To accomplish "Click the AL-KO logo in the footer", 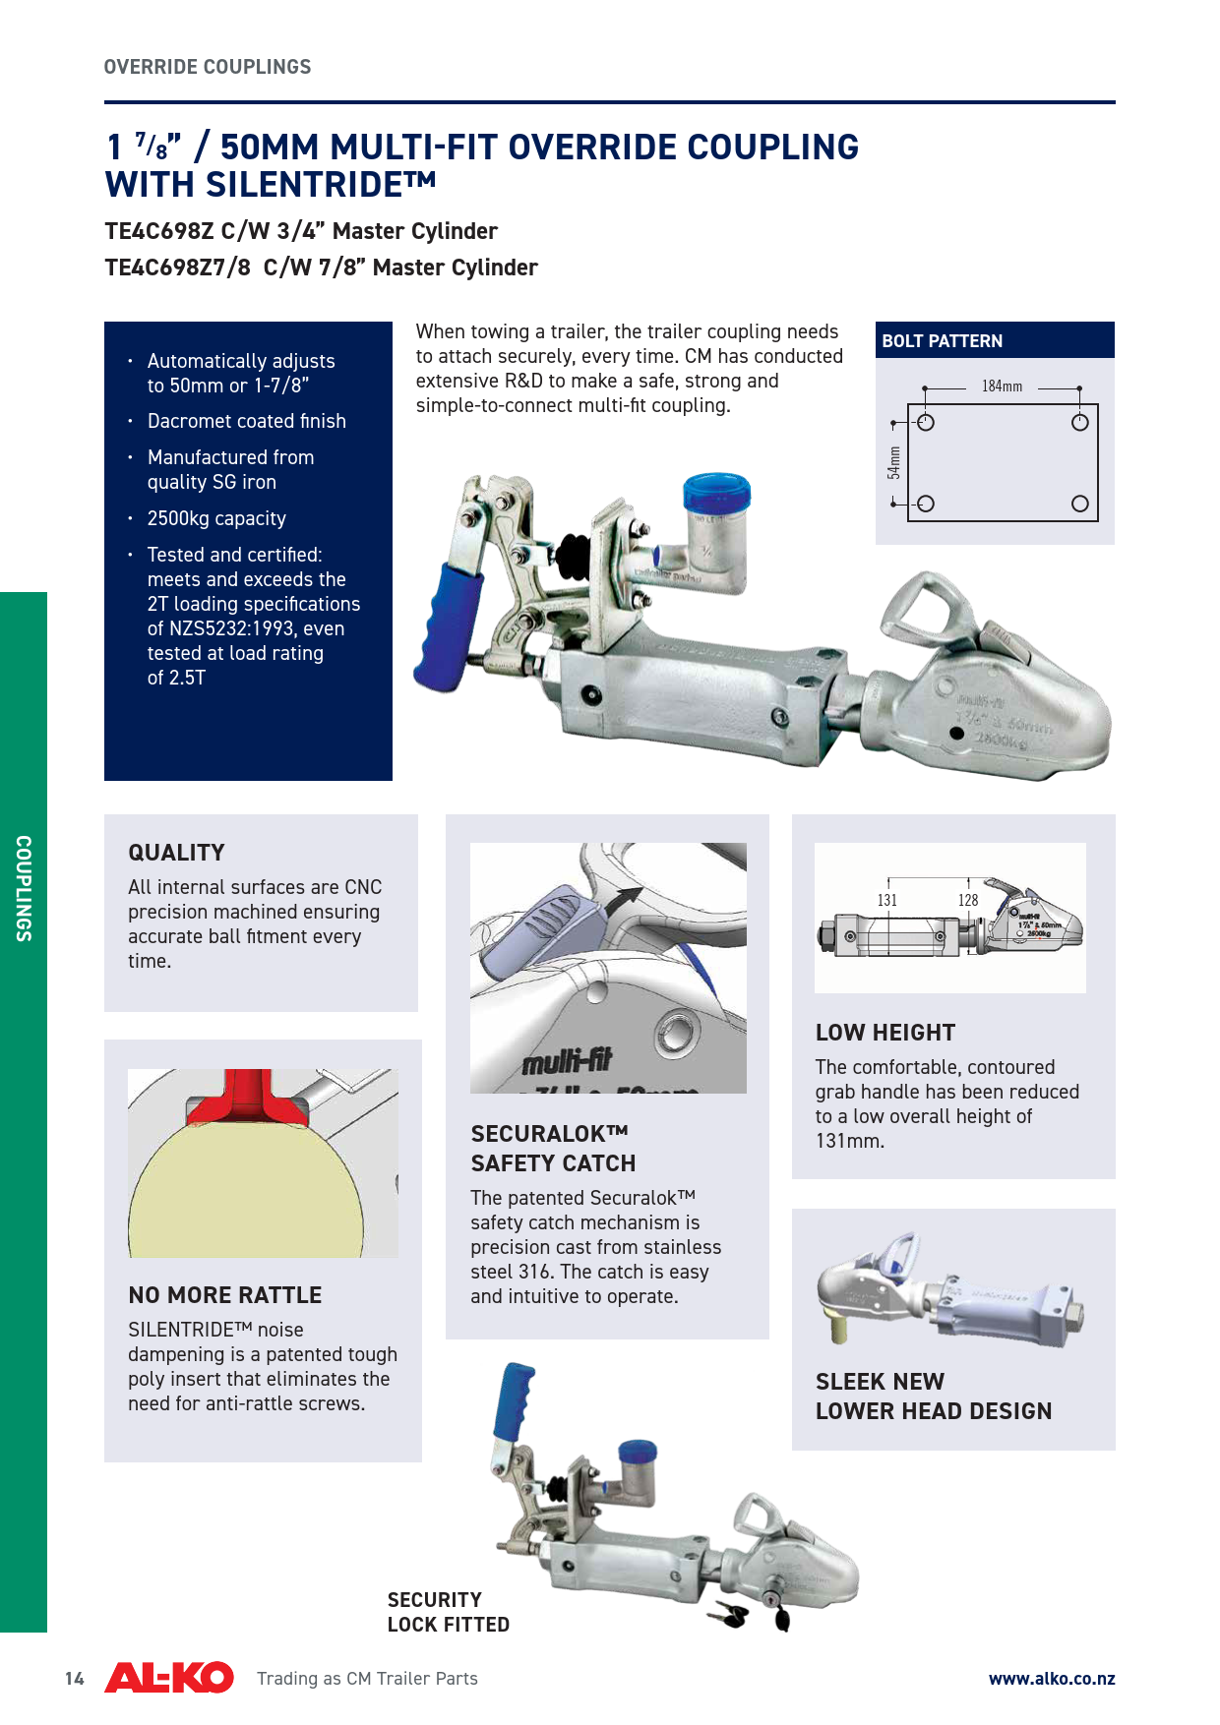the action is click(169, 1677).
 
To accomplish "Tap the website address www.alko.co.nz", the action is click(1052, 1679).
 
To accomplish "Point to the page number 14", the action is click(75, 1679).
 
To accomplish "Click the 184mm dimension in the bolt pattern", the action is click(1002, 387).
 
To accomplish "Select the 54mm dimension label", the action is click(893, 462).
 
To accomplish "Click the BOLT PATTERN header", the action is click(942, 341).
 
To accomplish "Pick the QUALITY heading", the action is click(176, 853).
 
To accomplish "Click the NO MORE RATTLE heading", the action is click(225, 1295).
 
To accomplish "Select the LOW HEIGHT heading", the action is click(885, 1033).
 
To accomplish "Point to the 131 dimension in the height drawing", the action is click(887, 900).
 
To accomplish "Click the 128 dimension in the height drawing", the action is click(968, 900).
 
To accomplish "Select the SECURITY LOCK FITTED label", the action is click(449, 1612).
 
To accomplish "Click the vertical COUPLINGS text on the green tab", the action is click(24, 888).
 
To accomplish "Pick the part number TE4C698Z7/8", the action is click(178, 268).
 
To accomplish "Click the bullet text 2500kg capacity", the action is click(216, 518).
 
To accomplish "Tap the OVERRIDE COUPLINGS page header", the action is click(208, 67).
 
